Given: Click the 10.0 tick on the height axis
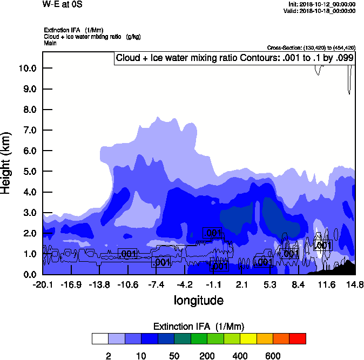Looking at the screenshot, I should [x=26, y=68].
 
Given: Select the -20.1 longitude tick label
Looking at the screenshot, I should [x=42, y=284].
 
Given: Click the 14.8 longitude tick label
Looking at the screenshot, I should [x=355, y=284].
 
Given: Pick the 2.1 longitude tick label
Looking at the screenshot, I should [x=241, y=284].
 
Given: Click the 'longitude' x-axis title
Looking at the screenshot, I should [x=198, y=300].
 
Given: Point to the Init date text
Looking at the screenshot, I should [x=322, y=4].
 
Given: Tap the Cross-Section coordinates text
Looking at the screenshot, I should [x=311, y=47].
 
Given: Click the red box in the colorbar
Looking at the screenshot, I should [x=298, y=338].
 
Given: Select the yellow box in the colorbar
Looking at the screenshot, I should [x=248, y=338].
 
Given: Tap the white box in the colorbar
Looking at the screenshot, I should [x=100, y=338].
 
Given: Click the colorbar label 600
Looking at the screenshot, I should [x=273, y=356].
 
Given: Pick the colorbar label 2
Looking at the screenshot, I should [x=108, y=356].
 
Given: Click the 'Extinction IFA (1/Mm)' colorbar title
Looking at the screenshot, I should [x=198, y=327].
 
